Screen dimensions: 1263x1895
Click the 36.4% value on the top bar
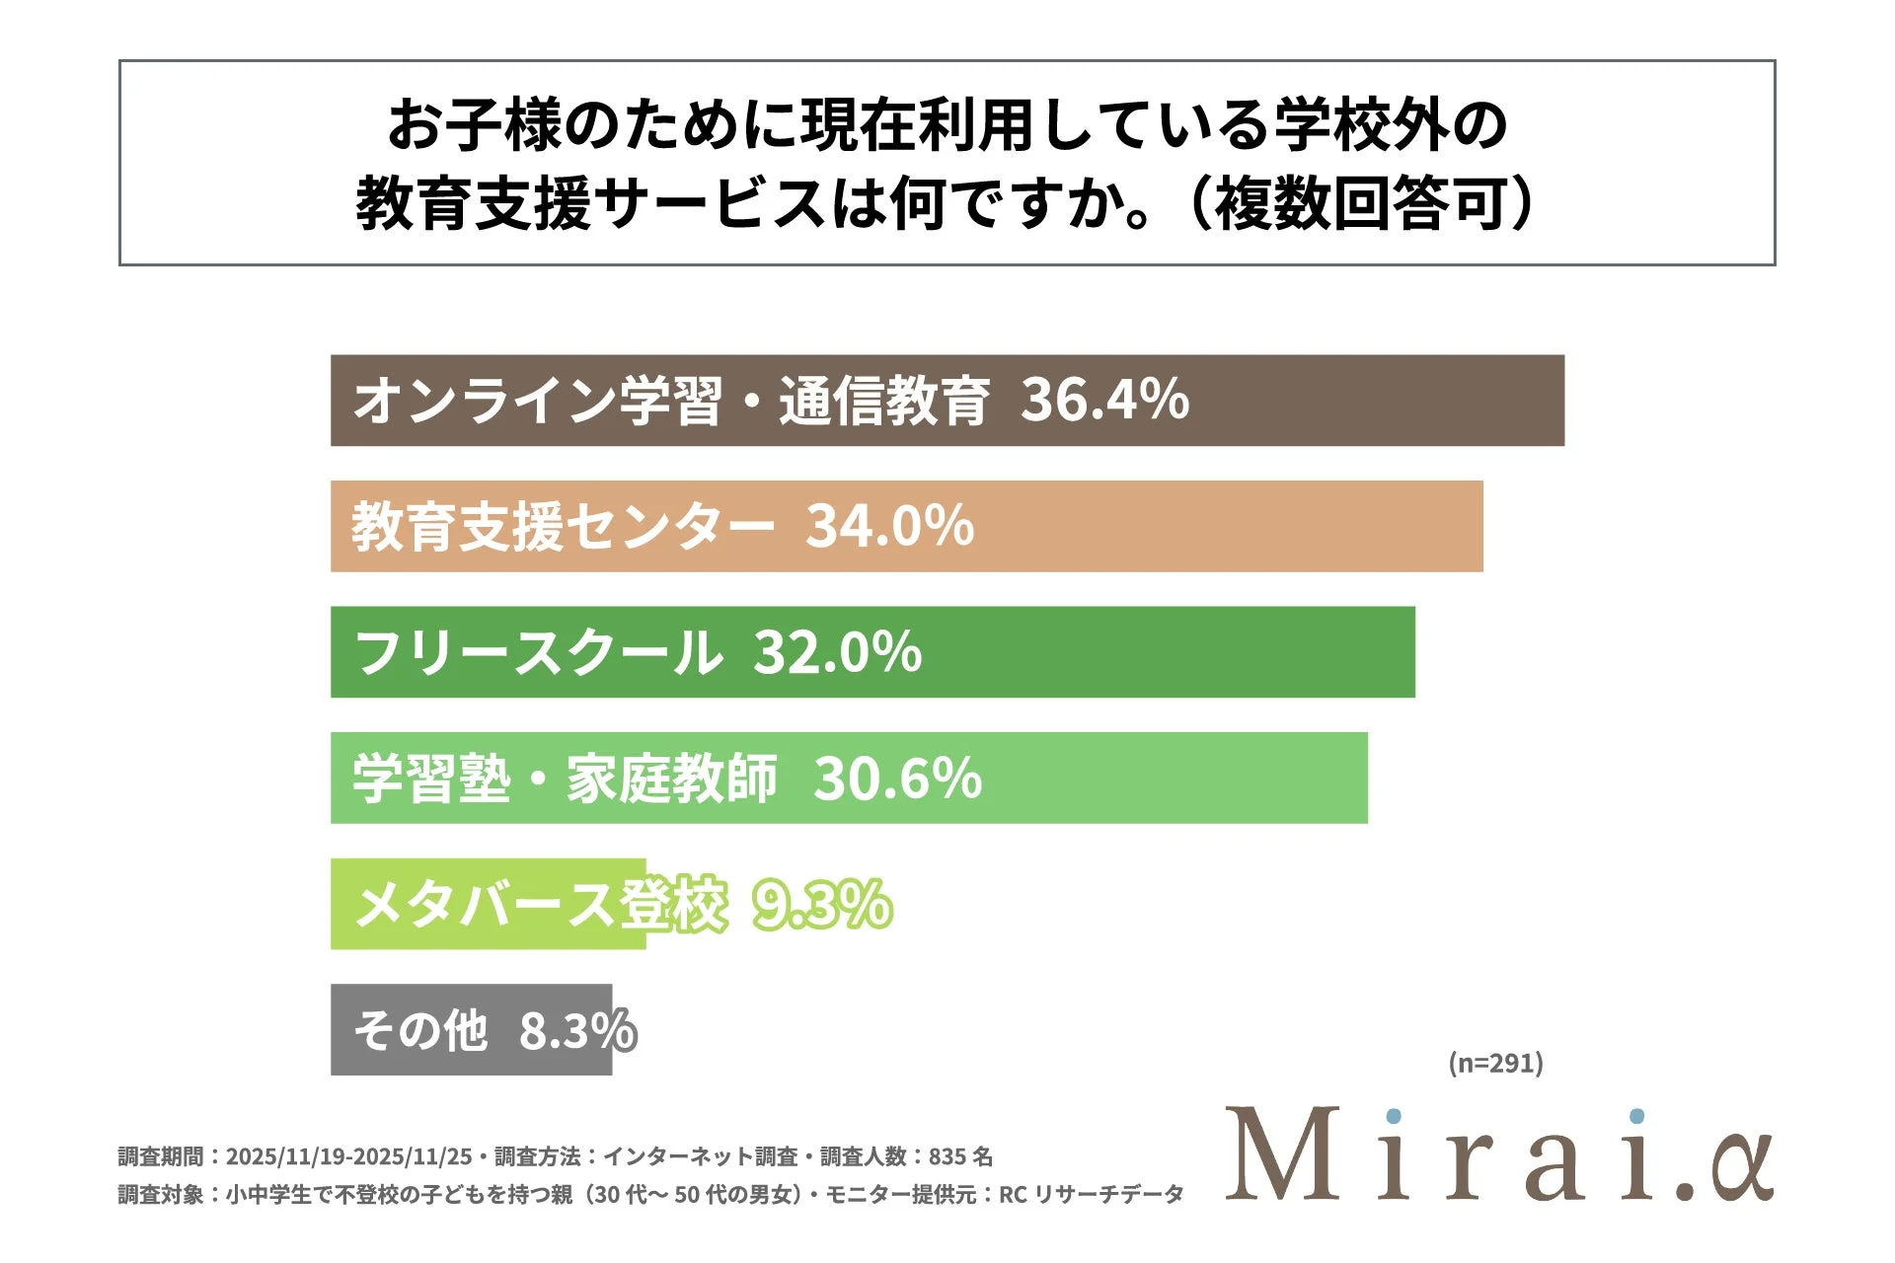click(1104, 401)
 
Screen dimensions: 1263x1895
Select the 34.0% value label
click(889, 526)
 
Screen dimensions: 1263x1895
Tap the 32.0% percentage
click(837, 652)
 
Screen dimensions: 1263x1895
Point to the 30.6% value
click(897, 779)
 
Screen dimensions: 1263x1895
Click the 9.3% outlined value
click(822, 904)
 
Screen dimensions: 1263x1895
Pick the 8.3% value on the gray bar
click(577, 1030)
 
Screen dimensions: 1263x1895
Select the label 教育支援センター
click(563, 526)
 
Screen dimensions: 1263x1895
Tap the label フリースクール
click(538, 652)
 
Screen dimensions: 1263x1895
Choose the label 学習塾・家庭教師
click(566, 779)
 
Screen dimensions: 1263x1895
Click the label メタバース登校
click(541, 904)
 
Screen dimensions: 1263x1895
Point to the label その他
click(420, 1030)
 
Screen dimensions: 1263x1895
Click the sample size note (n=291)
click(1495, 1064)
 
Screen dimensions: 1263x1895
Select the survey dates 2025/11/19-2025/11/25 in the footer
click(348, 1156)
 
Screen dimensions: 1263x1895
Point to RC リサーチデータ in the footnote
click(1091, 1195)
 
